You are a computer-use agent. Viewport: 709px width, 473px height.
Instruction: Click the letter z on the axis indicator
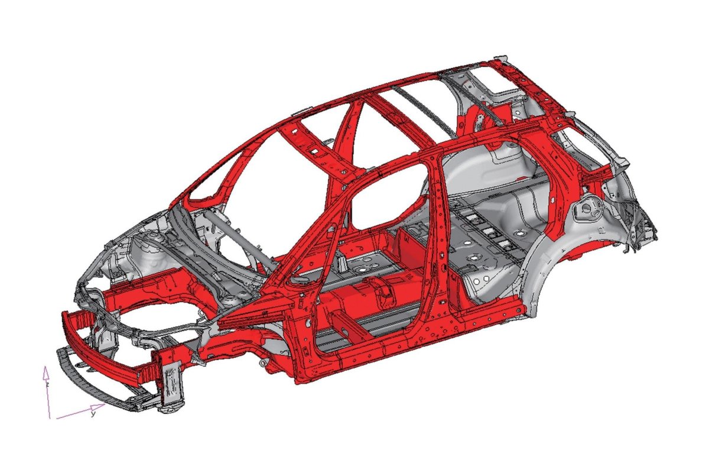(x=47, y=384)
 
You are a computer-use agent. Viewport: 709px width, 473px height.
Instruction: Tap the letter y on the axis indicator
(x=93, y=414)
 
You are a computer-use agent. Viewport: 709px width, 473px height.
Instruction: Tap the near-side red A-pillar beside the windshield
(x=313, y=237)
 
